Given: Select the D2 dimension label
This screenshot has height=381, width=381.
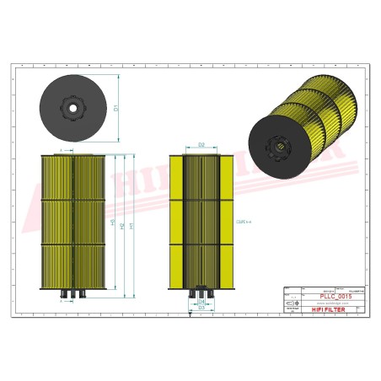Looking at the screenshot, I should coord(201,146).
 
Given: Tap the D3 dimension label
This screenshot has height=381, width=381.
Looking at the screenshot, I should coord(201,308).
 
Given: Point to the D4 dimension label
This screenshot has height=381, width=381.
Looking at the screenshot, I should coord(201,300).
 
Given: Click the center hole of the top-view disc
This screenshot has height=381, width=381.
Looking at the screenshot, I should coord(73,106).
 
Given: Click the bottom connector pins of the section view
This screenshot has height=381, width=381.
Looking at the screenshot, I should coord(201,292).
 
